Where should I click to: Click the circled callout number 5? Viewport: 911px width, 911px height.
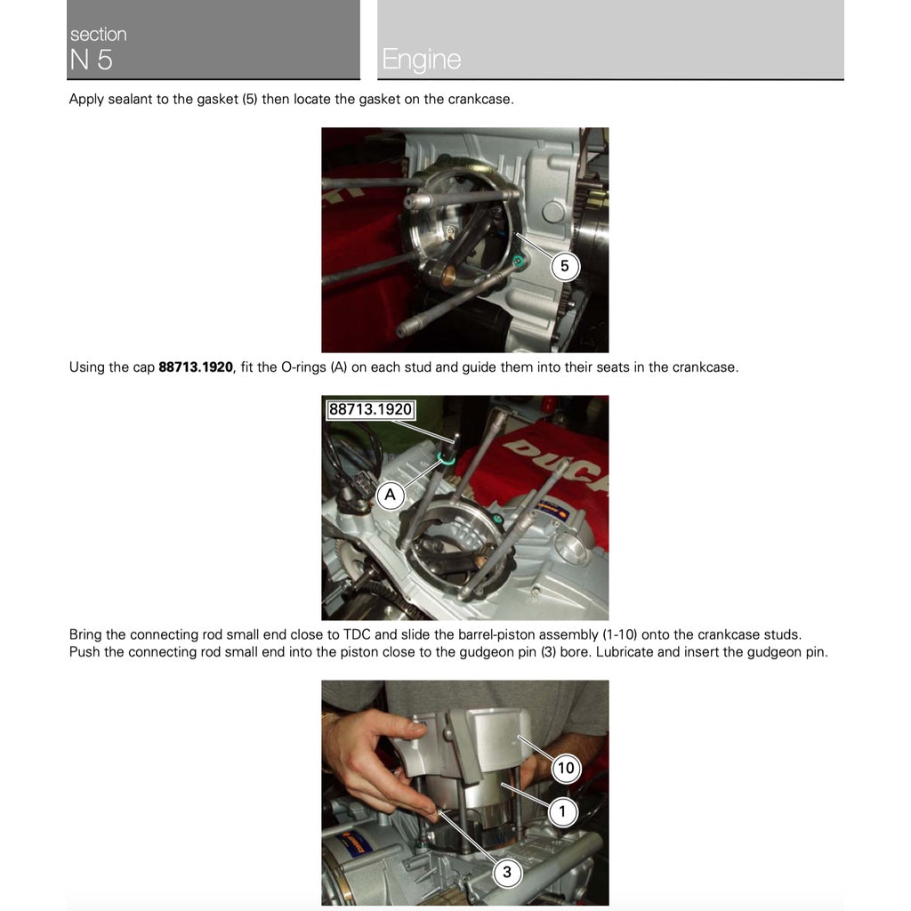[564, 267]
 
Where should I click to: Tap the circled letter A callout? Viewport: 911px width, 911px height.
[390, 495]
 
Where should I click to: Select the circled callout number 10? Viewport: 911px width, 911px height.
[565, 768]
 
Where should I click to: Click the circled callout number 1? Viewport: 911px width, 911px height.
[562, 811]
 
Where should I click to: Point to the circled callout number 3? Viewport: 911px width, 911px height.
[506, 872]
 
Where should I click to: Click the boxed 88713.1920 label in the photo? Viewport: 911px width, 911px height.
[370, 409]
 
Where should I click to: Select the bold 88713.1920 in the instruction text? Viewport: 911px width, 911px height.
[196, 367]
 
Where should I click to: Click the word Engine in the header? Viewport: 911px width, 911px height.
[421, 60]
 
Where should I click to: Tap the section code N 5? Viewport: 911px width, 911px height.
[91, 60]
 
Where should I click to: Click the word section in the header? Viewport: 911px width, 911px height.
[98, 35]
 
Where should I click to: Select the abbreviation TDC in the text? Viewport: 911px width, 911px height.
[357, 634]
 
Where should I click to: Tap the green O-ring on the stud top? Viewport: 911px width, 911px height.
[447, 459]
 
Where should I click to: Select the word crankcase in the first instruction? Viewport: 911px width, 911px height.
[480, 100]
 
